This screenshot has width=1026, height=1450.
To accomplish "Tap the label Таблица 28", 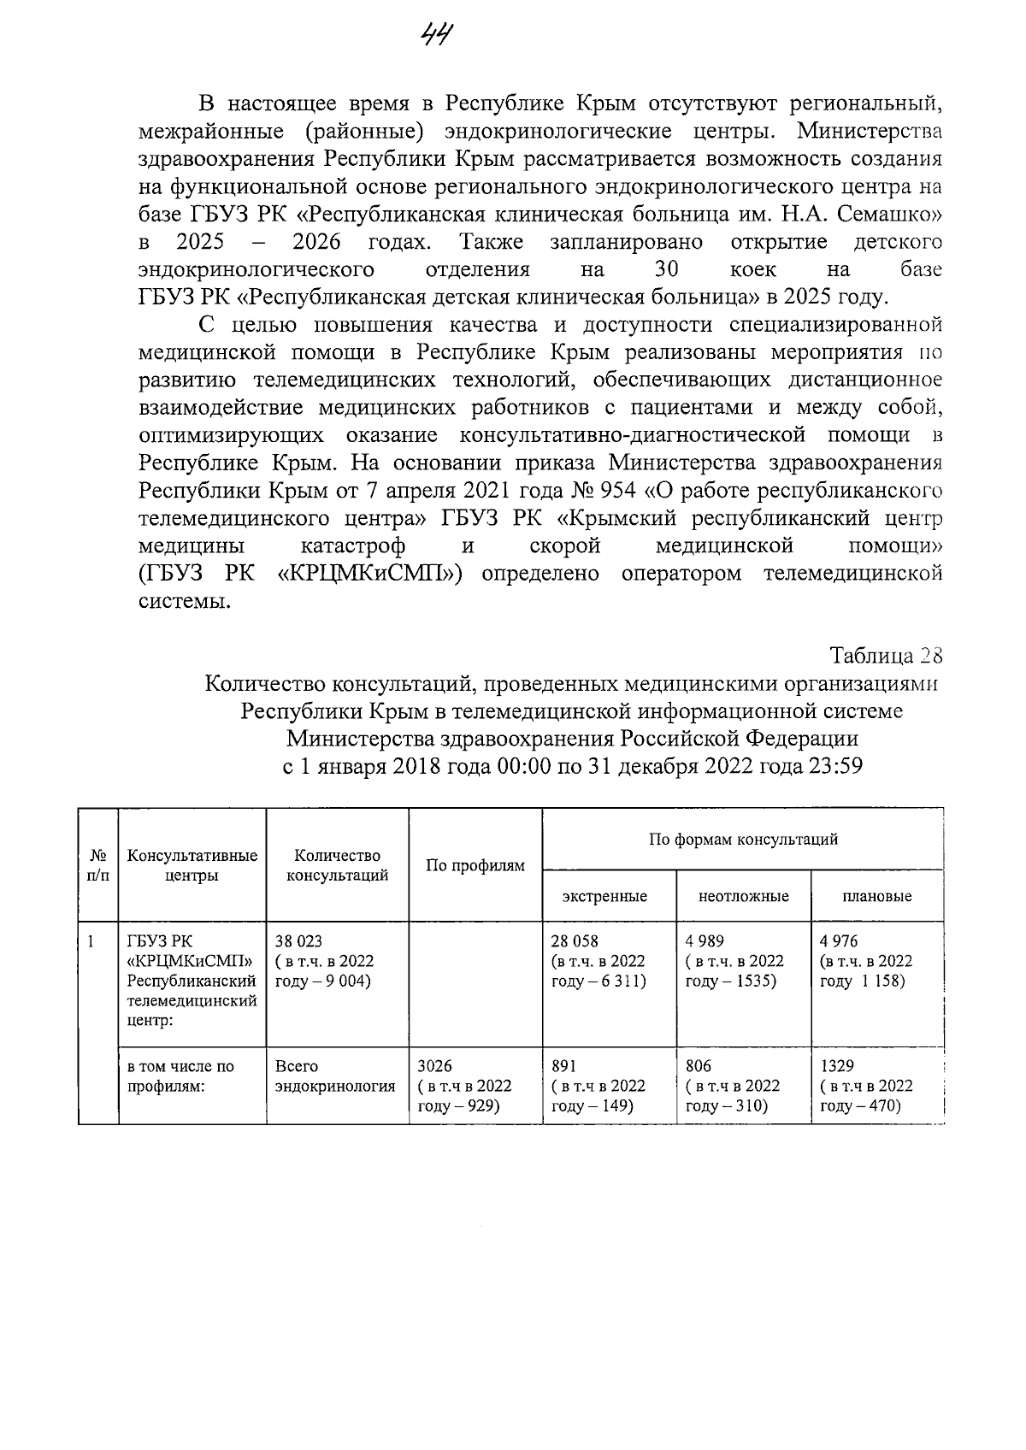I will (886, 656).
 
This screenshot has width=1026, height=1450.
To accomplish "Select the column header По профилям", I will (475, 866).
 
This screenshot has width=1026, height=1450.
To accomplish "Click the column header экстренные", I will (604, 896).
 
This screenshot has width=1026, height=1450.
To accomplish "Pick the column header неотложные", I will (743, 896).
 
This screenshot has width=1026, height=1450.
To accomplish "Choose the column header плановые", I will (876, 896).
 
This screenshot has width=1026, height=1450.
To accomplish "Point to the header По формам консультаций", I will (742, 839).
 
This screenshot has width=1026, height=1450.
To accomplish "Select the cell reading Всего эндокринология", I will (335, 1076).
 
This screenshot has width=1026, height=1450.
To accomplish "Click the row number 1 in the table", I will (90, 941).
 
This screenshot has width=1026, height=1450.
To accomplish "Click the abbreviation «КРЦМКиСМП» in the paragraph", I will (370, 573).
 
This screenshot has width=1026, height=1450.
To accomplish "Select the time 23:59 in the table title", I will (834, 765).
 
